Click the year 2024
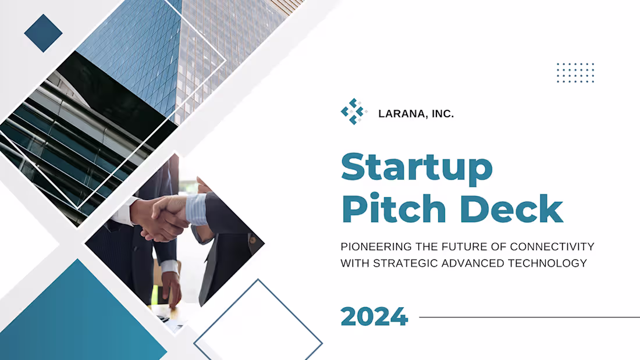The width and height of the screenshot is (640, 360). (x=374, y=317)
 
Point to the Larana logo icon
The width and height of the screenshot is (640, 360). (x=353, y=112)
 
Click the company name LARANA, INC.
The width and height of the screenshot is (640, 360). (x=416, y=115)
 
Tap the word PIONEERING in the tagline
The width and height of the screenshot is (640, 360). (x=371, y=247)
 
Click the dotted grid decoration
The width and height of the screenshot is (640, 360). (x=575, y=73)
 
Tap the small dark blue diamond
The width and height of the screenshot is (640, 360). (x=43, y=33)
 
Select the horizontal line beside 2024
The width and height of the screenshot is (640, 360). (x=529, y=318)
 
